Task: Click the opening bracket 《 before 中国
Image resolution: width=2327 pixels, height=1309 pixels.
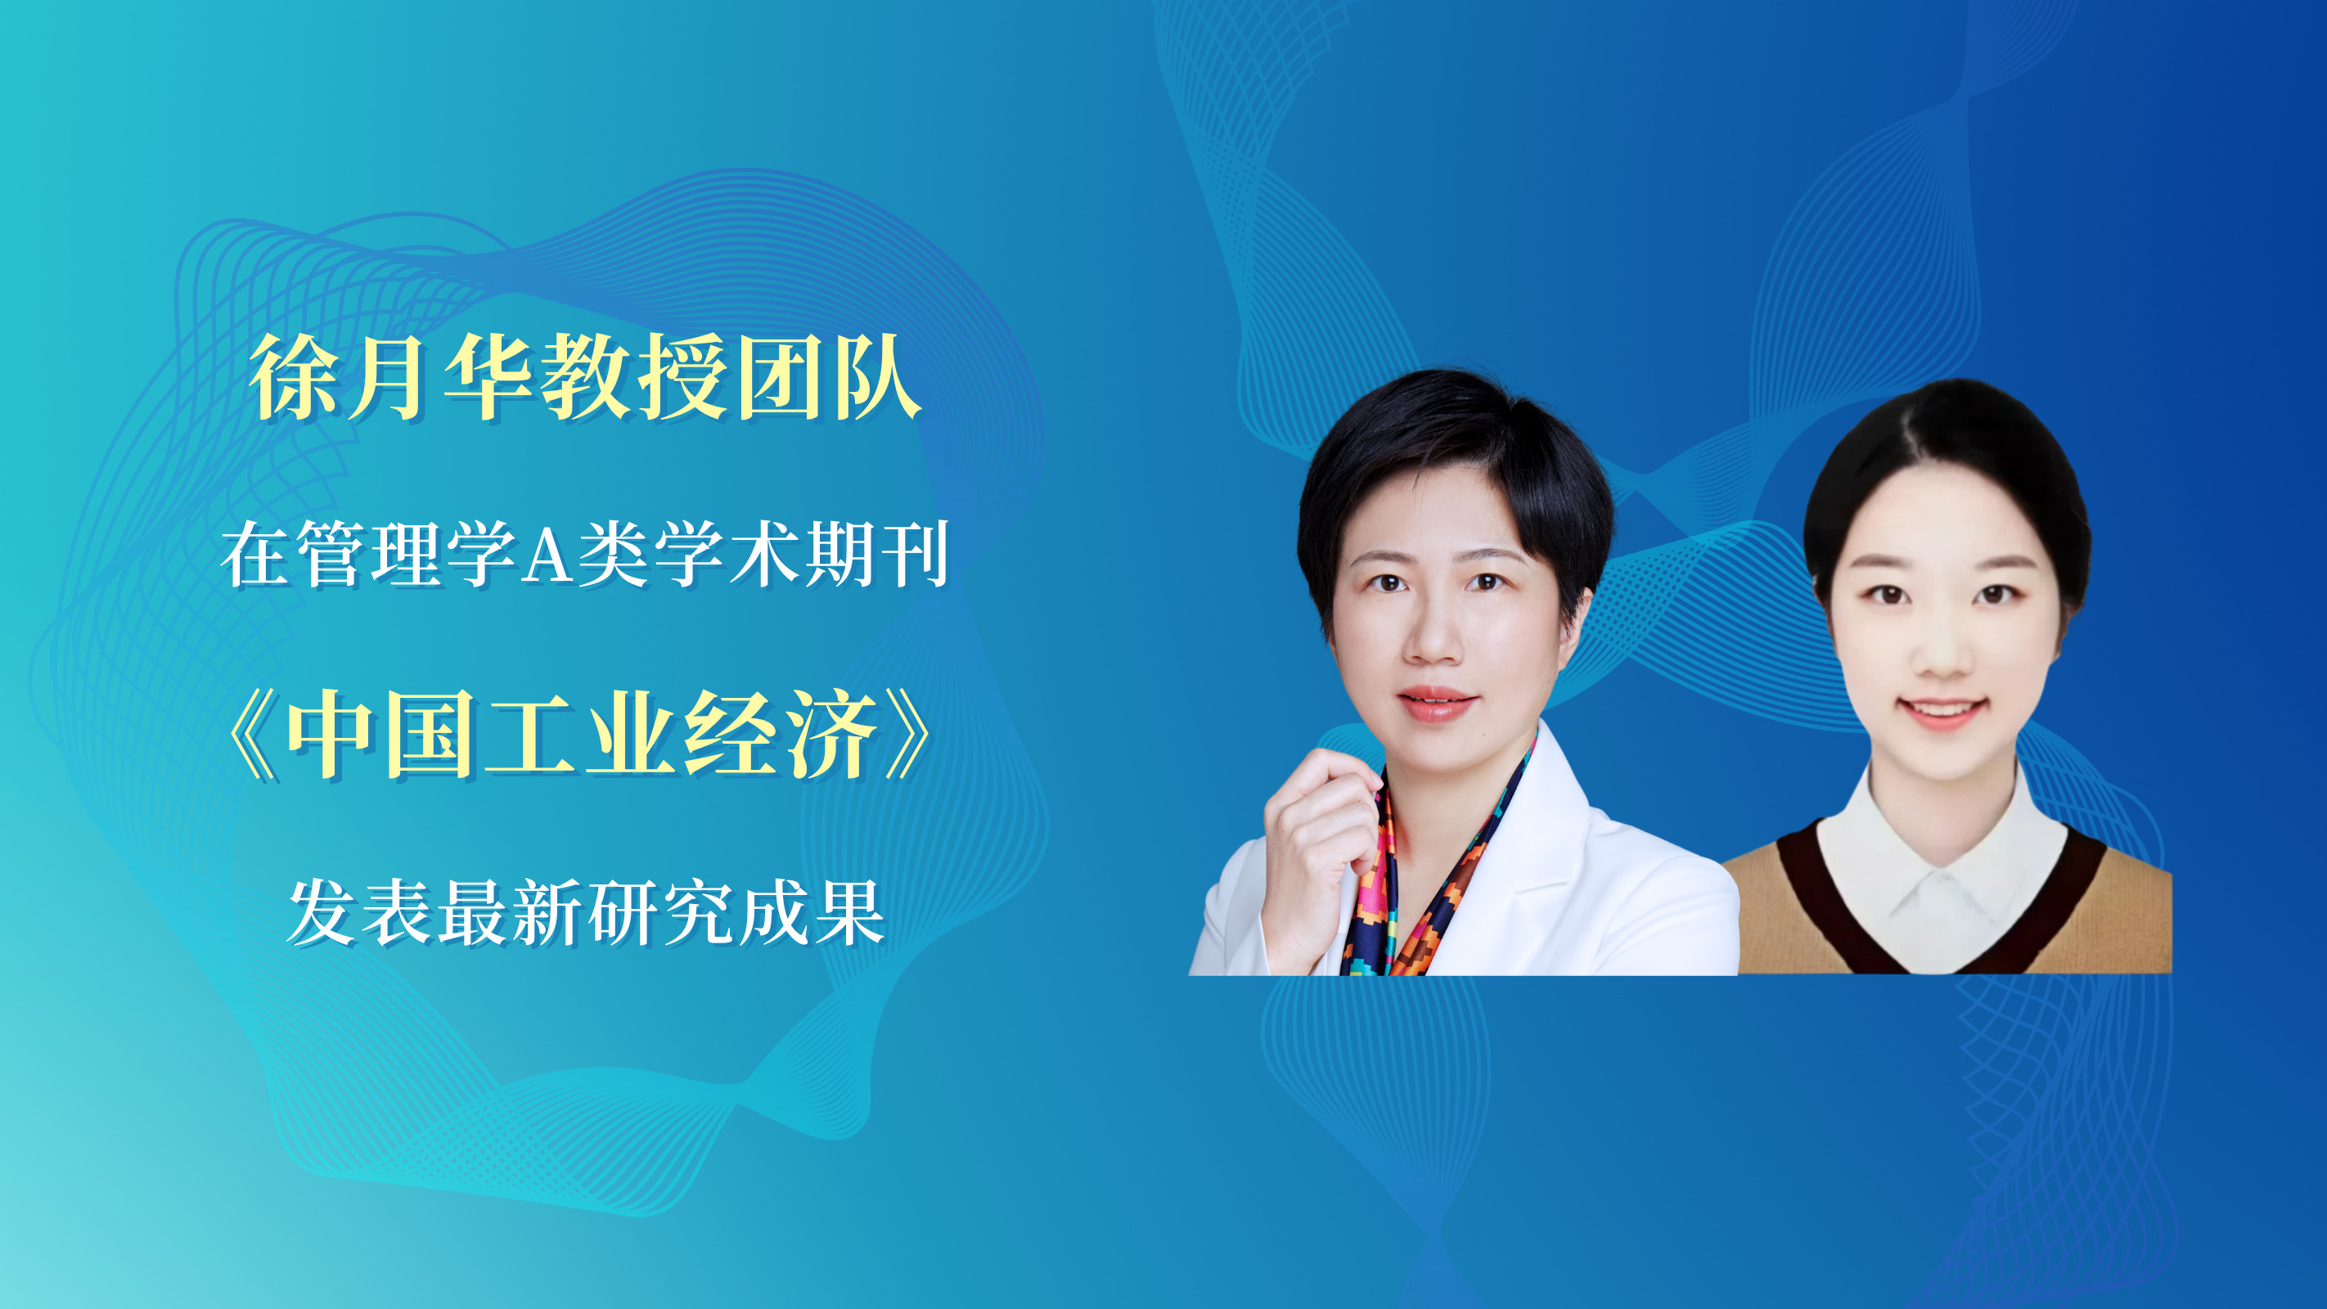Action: tap(253, 734)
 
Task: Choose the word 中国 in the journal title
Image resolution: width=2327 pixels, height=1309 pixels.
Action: tap(380, 734)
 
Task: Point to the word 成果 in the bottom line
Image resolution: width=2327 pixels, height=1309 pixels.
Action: tap(811, 912)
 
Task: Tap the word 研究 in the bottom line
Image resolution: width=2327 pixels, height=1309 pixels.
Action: tap(661, 912)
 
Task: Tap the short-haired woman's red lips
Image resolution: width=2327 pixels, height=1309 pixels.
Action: tap(1435, 702)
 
